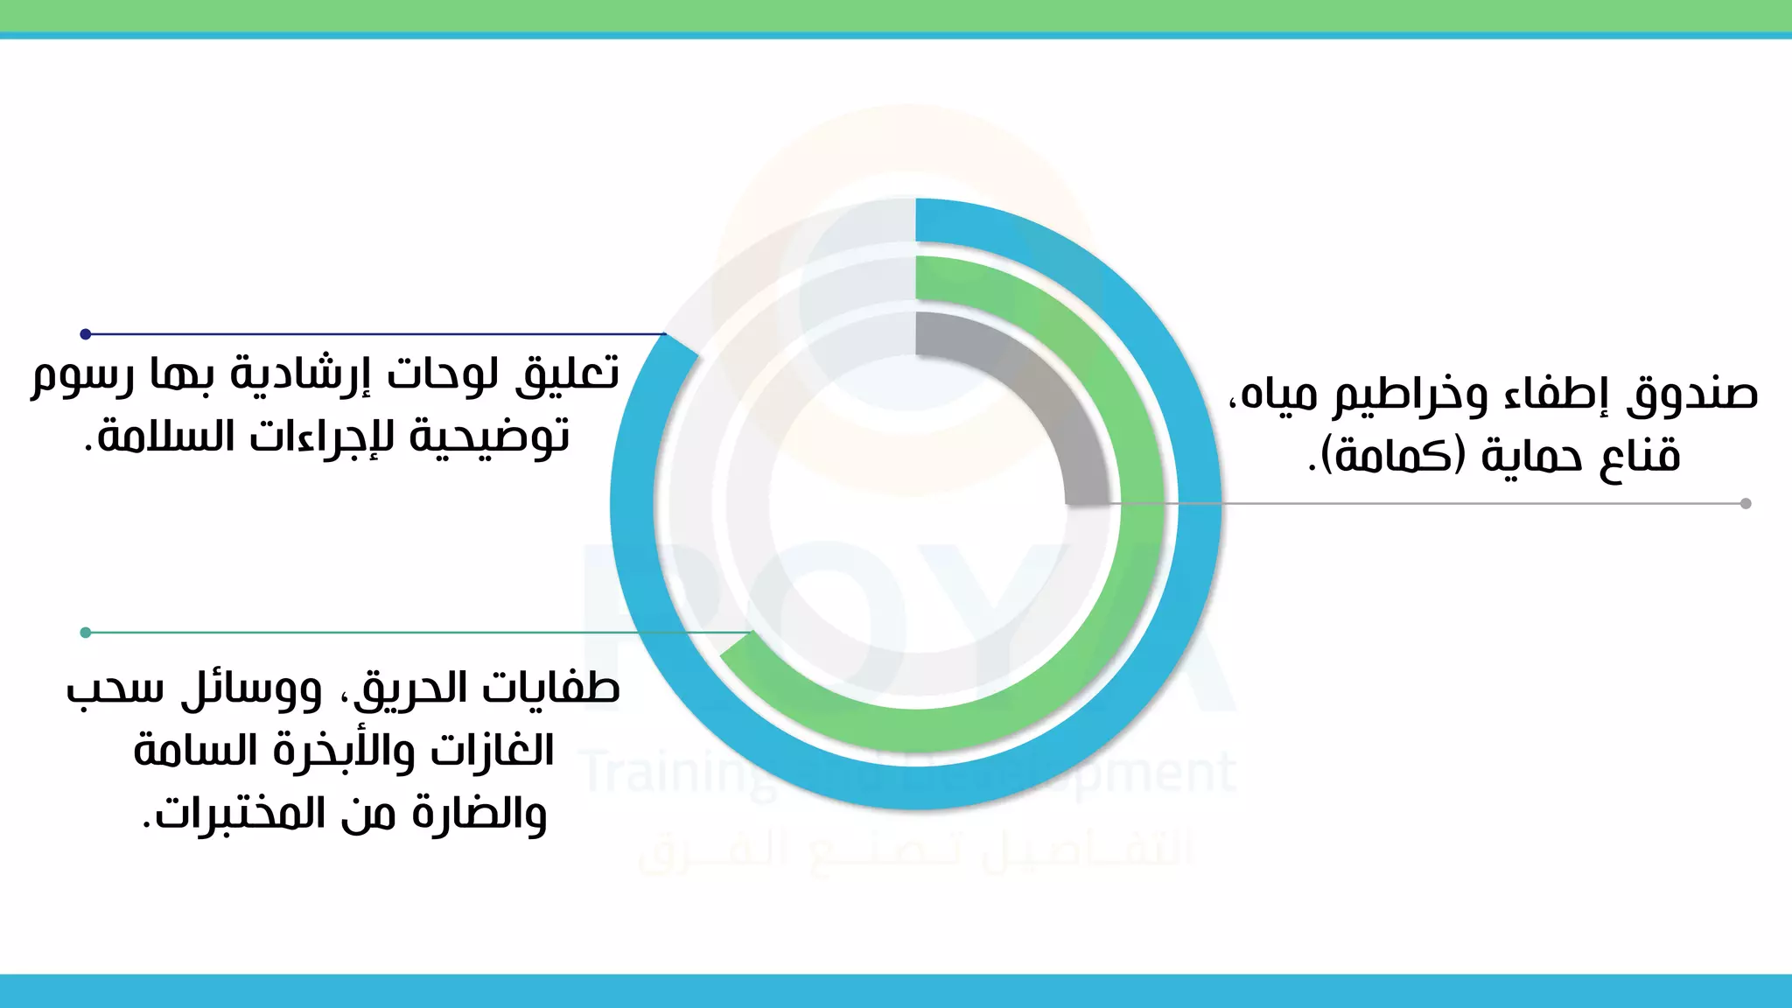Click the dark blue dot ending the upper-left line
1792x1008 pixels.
click(86, 334)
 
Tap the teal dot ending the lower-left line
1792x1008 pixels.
click(86, 633)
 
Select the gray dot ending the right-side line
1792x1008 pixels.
click(1746, 503)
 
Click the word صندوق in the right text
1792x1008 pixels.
click(1692, 395)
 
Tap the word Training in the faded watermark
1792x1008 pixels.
click(674, 773)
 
